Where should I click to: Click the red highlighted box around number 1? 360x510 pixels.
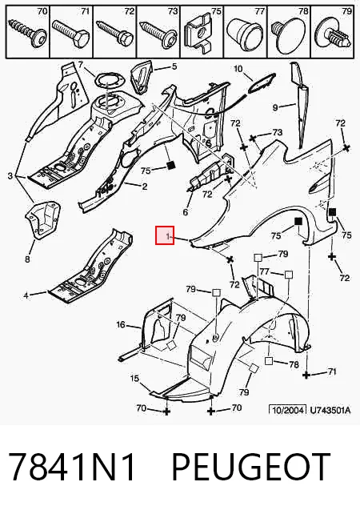(165, 235)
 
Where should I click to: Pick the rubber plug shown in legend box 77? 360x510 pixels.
(245, 33)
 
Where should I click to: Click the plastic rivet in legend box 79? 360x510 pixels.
(332, 34)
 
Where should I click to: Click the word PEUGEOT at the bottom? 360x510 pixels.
(250, 466)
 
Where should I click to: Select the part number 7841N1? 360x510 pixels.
(71, 466)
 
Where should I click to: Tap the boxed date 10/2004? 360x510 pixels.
(288, 410)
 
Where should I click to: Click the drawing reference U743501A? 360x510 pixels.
(330, 410)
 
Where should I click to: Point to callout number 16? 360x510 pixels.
(121, 324)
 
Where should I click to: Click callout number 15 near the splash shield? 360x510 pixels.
(134, 378)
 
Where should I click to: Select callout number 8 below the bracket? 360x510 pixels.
(27, 259)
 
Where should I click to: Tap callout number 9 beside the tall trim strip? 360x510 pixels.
(275, 107)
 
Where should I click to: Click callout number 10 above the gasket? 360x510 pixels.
(238, 69)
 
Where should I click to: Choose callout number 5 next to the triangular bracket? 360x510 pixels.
(174, 66)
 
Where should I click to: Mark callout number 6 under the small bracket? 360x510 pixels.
(185, 212)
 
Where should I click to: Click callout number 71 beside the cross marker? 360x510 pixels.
(332, 371)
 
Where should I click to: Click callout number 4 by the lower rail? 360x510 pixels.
(26, 295)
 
